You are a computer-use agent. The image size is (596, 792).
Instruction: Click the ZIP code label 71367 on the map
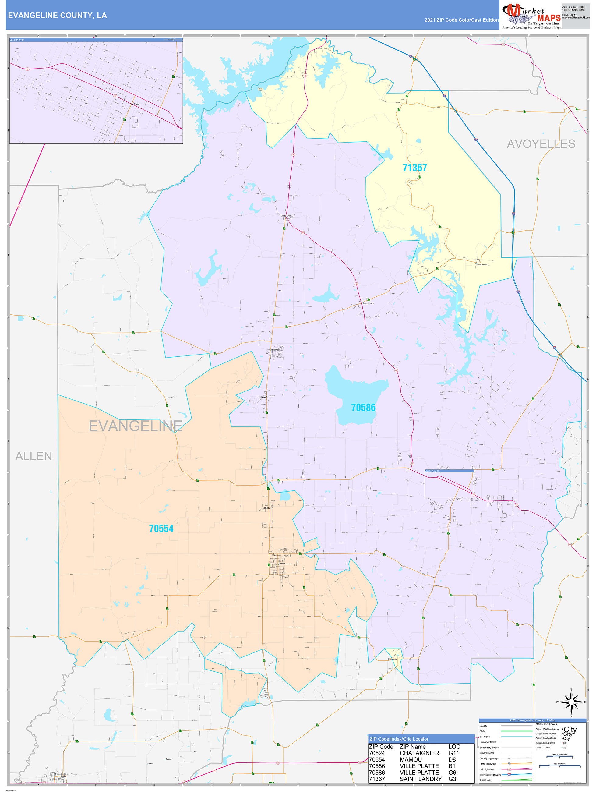pyautogui.click(x=414, y=168)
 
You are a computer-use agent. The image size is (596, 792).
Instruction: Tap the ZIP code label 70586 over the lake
pyautogui.click(x=363, y=408)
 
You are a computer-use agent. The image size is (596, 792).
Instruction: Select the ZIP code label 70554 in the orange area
pyautogui.click(x=161, y=529)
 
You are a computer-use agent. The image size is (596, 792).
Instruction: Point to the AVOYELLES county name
pyautogui.click(x=541, y=144)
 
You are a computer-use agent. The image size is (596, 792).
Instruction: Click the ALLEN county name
pyautogui.click(x=34, y=456)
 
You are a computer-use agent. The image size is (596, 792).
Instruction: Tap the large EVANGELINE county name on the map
pyautogui.click(x=135, y=426)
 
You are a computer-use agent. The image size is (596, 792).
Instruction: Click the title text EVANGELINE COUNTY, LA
pyautogui.click(x=57, y=16)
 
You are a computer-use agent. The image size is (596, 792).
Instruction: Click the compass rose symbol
pyautogui.click(x=571, y=702)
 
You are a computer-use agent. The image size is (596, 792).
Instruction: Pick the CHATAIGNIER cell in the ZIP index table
pyautogui.click(x=419, y=753)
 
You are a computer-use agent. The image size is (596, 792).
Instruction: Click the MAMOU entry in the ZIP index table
pyautogui.click(x=411, y=759)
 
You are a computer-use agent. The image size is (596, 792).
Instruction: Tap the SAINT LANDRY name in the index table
pyautogui.click(x=421, y=779)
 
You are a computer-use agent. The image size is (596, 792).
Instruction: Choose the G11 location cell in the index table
pyautogui.click(x=453, y=753)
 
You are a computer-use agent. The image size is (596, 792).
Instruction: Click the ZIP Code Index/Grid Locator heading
pyautogui.click(x=399, y=739)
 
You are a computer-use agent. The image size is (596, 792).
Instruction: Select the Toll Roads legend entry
pyautogui.click(x=485, y=780)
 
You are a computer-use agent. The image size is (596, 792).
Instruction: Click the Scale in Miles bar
pyautogui.click(x=559, y=765)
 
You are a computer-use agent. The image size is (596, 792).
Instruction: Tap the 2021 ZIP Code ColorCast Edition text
pyautogui.click(x=461, y=20)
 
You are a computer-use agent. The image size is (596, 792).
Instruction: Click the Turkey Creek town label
pyautogui.click(x=286, y=216)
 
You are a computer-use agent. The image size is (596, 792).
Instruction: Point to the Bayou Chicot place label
pyautogui.click(x=368, y=303)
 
